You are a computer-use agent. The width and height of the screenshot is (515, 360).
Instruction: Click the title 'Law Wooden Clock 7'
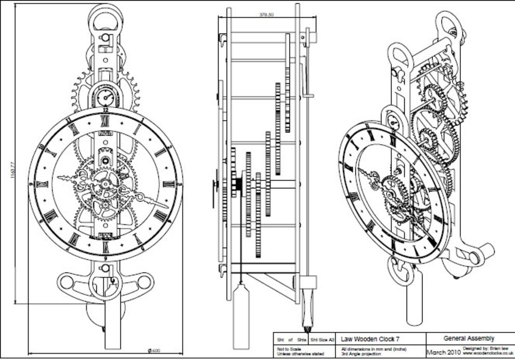coord(370,339)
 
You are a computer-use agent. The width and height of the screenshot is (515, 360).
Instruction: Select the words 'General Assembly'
coord(469,339)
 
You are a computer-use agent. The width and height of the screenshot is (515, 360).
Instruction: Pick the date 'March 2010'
coord(443,352)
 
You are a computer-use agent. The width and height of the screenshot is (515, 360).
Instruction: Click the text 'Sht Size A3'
coord(323,340)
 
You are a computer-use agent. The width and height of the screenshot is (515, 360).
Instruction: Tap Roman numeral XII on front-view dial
coord(106,118)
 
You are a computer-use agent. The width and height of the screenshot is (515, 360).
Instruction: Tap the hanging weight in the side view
coord(240,315)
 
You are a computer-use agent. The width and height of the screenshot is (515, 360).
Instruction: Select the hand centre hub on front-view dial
coord(106,183)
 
